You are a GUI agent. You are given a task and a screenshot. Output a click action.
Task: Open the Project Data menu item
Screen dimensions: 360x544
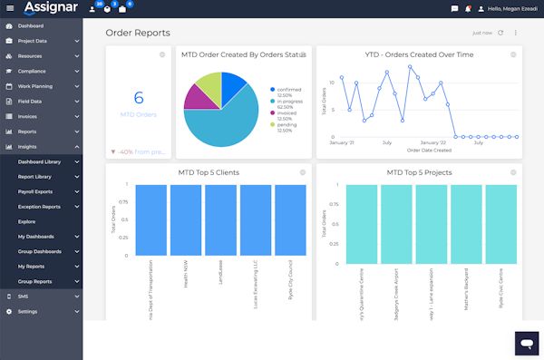coord(32,41)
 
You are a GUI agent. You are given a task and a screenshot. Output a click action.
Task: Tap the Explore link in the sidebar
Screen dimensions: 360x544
coord(26,221)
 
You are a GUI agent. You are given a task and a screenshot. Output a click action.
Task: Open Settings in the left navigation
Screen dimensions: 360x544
coord(27,311)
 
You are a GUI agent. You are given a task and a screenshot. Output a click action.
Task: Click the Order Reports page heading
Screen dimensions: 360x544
coord(137,33)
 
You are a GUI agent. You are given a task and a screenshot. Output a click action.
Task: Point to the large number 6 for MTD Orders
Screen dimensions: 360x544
coord(139,98)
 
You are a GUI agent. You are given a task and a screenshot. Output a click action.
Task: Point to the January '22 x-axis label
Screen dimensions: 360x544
coord(431,142)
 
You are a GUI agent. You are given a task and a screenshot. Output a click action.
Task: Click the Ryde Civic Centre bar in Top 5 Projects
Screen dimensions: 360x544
coord(500,222)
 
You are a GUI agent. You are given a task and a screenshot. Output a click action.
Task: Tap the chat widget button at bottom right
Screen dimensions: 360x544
coord(526,342)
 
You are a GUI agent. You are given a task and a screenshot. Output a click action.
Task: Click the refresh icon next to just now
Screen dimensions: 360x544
coord(500,33)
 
